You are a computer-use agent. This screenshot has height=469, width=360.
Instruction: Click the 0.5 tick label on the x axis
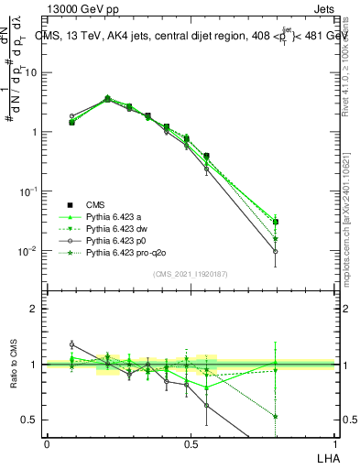coord(190,443)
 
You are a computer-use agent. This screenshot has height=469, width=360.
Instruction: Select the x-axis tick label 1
coord(333,443)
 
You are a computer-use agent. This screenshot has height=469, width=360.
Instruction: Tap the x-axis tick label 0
coord(47,443)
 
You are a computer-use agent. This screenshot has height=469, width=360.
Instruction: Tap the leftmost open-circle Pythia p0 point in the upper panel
coord(72,116)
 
